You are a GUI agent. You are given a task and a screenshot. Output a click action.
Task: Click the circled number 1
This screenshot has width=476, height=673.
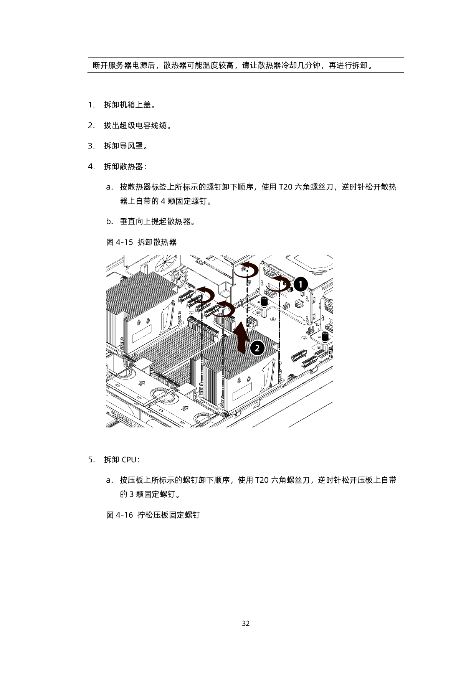[x=301, y=284]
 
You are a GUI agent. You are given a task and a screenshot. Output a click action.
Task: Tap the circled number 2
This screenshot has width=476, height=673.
[x=257, y=348]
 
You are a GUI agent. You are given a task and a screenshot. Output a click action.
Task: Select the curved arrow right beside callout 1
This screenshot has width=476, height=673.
[x=278, y=284]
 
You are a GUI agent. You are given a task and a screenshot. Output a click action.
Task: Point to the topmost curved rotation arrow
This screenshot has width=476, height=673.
[x=246, y=270]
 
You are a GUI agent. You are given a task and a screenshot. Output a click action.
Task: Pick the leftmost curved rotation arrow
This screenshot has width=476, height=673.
[x=202, y=295]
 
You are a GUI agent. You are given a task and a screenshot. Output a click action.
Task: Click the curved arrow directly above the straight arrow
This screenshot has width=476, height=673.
[x=223, y=309]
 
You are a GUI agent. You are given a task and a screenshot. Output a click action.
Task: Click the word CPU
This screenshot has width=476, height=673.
[x=129, y=460]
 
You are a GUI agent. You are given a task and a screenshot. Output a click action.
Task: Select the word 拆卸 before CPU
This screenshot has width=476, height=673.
[x=111, y=460]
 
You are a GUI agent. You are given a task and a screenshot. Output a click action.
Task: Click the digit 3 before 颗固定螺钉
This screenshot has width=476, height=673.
[x=131, y=494]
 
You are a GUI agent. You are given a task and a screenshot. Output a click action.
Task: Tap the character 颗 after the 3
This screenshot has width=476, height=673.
[x=140, y=494]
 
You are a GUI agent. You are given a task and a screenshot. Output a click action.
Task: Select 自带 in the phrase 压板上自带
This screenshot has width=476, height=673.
[x=388, y=480]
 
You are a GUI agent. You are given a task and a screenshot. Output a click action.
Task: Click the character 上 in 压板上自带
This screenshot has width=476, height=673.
[x=377, y=480]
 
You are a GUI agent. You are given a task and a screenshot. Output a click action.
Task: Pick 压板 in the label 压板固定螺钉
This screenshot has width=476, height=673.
[x=161, y=515]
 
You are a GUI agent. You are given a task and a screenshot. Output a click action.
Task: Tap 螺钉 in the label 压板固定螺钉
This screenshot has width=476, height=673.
[x=192, y=515]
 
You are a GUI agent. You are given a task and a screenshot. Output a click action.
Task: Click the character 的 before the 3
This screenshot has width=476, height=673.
[x=124, y=494]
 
